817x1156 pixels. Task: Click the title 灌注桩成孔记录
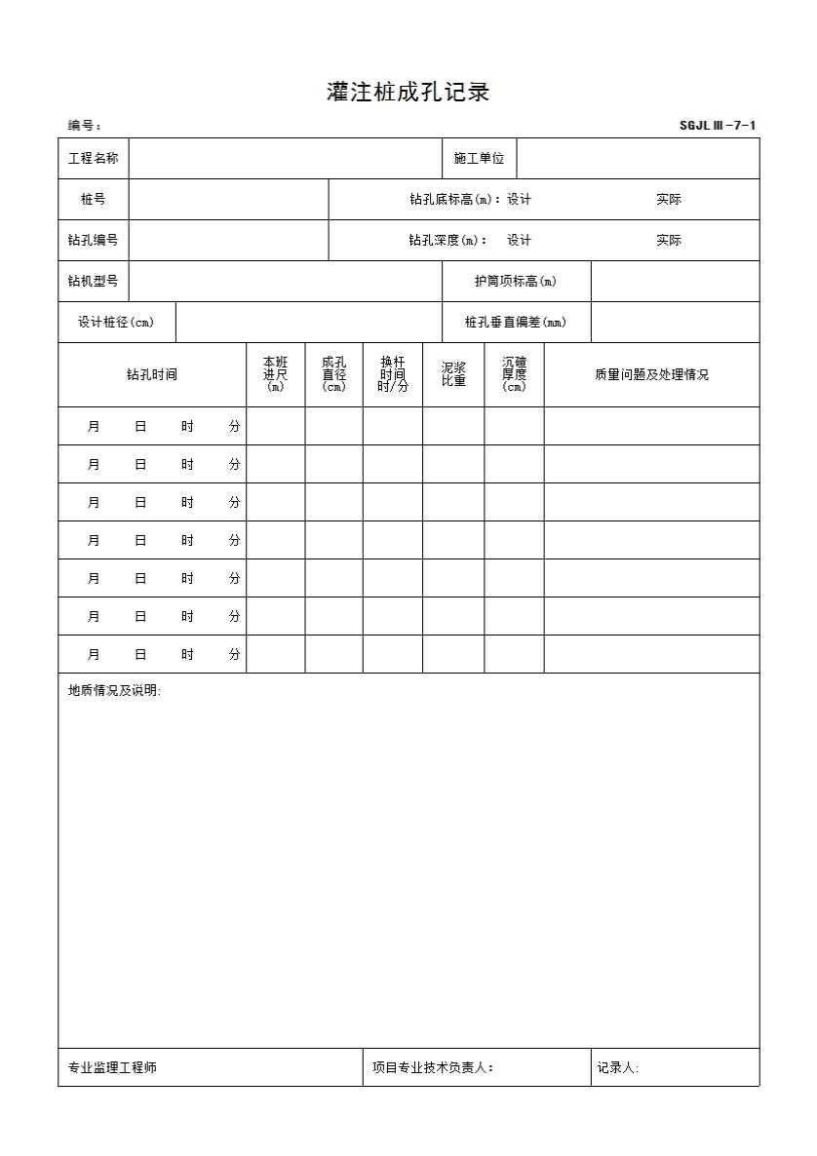(x=408, y=93)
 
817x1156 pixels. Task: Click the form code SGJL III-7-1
(x=718, y=125)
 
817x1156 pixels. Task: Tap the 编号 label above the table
(x=84, y=126)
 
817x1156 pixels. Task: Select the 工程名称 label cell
(x=94, y=158)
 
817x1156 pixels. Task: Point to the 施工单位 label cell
(x=479, y=158)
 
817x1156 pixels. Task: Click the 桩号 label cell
(x=94, y=199)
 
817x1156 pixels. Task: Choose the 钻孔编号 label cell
(x=94, y=240)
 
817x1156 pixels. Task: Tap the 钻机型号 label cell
(x=94, y=281)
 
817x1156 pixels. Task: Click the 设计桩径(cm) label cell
(x=116, y=322)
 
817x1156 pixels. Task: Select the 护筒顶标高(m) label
(x=516, y=281)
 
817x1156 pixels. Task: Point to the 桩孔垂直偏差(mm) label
(x=516, y=322)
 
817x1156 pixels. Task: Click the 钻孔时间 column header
(x=152, y=374)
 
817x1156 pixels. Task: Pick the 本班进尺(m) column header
(x=275, y=374)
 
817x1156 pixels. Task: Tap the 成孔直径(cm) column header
(x=333, y=374)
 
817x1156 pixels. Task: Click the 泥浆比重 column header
(x=453, y=374)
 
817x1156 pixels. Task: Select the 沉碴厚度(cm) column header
(x=514, y=374)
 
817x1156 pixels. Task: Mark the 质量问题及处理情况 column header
(x=651, y=374)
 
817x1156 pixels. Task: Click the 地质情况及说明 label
(x=114, y=691)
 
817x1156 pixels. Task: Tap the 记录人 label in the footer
(x=618, y=1067)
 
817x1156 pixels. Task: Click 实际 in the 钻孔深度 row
(x=669, y=240)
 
